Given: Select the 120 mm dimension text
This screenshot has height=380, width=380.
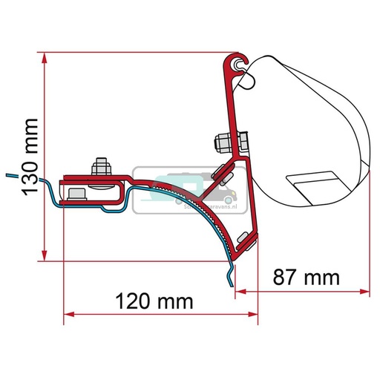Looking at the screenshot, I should pyautogui.click(x=156, y=302).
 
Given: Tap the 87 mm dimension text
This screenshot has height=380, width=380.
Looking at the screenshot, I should pyautogui.click(x=305, y=278).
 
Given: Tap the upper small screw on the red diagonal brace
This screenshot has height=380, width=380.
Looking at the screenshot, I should pyautogui.click(x=219, y=174).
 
